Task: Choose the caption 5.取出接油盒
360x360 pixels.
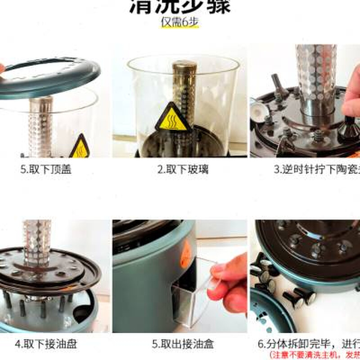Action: pos(183,344)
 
